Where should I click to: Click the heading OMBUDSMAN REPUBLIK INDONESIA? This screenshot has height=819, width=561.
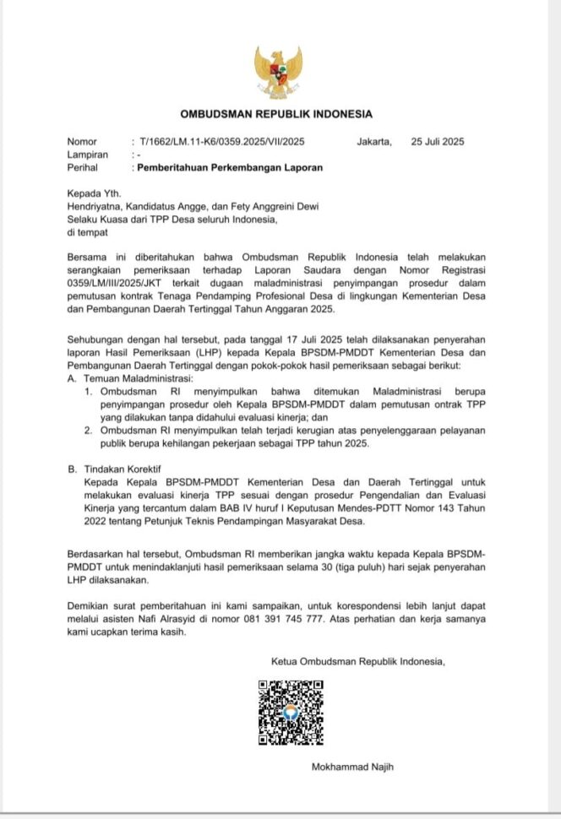(276, 114)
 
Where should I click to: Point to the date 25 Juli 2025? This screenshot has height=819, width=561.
(438, 141)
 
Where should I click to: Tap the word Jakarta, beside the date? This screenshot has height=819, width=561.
(374, 141)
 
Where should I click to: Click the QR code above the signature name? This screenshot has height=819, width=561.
(289, 712)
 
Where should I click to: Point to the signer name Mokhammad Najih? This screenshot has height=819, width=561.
(352, 767)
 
